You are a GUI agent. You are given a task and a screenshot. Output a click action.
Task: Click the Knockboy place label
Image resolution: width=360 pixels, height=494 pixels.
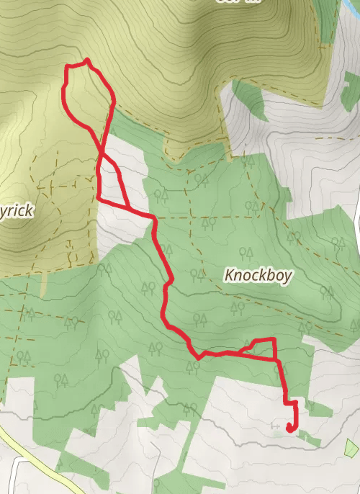pos(258,275)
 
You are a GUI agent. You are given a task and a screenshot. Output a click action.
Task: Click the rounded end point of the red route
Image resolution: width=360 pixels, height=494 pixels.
pos(289,428)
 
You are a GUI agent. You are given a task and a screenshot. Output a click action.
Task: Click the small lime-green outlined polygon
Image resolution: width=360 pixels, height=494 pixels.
pos(351,448)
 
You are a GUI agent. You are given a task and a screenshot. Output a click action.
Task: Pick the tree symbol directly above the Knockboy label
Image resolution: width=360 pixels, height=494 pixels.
pos(246,253)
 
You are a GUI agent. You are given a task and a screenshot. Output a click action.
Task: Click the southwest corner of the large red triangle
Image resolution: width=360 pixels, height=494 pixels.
pos(97,197)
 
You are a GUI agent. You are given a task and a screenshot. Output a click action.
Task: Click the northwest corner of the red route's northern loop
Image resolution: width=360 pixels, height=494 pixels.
pos(67,66)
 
